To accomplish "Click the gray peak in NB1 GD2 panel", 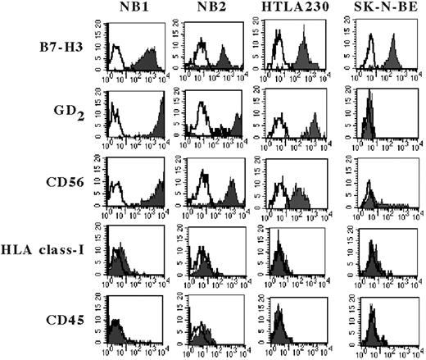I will pos(161,115).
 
